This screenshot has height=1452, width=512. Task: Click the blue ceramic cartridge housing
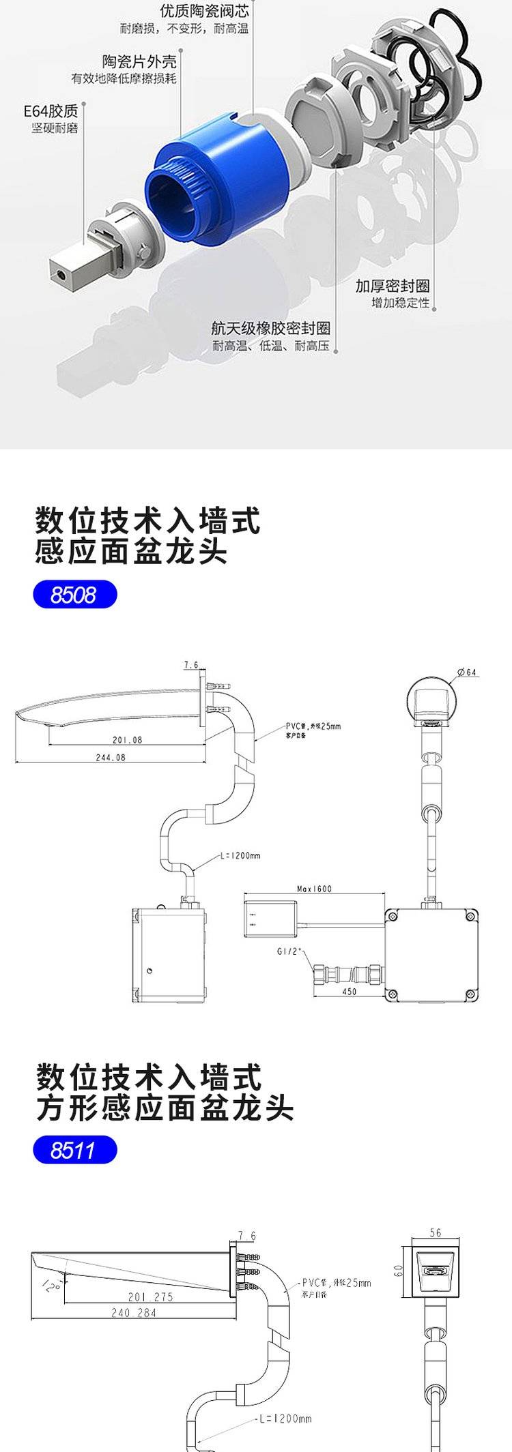[x=218, y=184]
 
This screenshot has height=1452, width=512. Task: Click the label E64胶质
[x=51, y=110]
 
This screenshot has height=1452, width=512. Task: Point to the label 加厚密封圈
[x=392, y=286]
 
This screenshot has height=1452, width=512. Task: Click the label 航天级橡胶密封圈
[x=270, y=329]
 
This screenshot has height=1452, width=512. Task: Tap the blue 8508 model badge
[x=75, y=595]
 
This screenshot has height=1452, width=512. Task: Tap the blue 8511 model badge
[x=75, y=1151]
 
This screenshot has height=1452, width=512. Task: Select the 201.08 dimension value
[x=127, y=740]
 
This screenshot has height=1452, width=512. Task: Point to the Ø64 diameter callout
[x=467, y=672]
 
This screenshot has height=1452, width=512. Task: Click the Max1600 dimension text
[x=314, y=889]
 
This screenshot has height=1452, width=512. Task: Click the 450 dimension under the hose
[x=349, y=991]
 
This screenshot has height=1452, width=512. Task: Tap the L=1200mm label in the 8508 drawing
[x=240, y=855]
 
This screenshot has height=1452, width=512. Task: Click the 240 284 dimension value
[x=134, y=1313]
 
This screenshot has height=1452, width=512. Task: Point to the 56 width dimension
[x=436, y=1233]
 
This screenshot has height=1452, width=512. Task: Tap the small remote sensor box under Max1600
[x=270, y=918]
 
